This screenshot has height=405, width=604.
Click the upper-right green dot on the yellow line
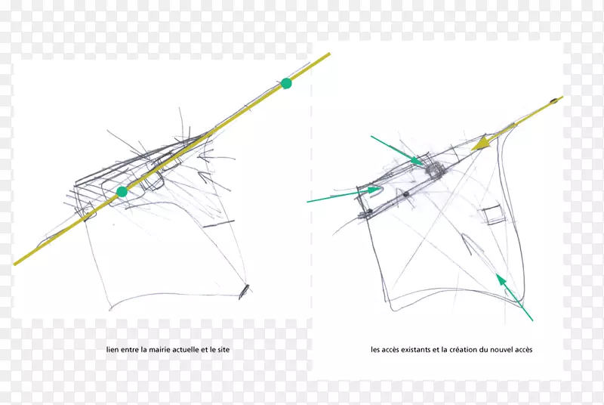[x=286, y=83]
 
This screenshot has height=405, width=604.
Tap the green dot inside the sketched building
[x=122, y=191]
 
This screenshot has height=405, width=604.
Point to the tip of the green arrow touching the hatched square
[x=424, y=164]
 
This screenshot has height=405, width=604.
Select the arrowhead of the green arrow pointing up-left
[x=501, y=279]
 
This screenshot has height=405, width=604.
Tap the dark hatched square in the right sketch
[x=436, y=169]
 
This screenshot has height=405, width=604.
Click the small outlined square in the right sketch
[x=493, y=215]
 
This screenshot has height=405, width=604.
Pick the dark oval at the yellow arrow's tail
[x=554, y=101]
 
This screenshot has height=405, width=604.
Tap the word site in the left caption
[x=223, y=350]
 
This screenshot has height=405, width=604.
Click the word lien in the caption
[x=112, y=350]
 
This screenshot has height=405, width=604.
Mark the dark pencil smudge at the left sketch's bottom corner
[x=244, y=292]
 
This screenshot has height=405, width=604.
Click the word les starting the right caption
[x=375, y=350]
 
